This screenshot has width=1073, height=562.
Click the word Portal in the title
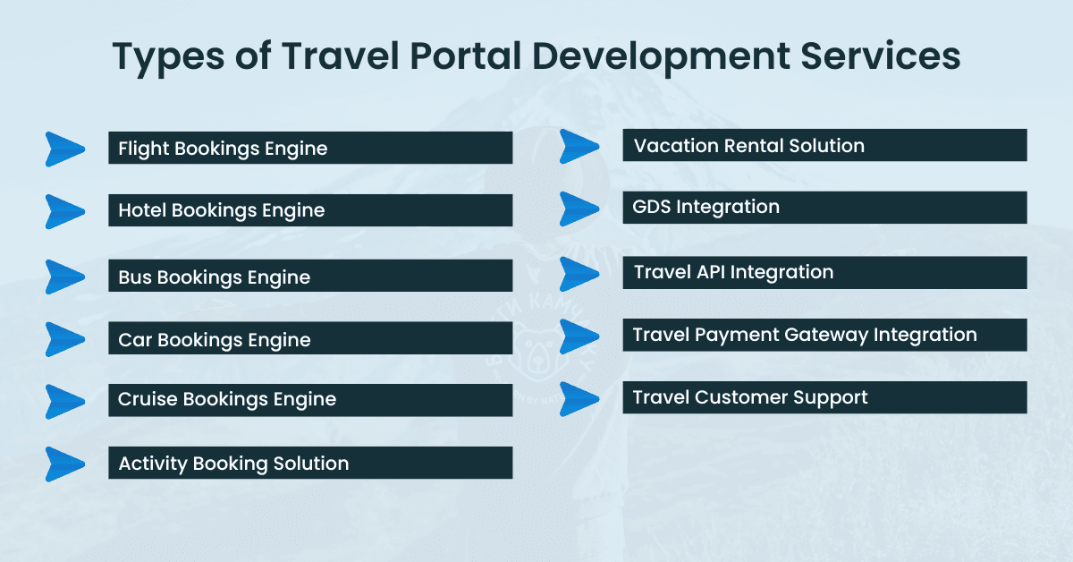(465, 56)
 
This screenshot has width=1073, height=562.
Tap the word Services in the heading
(881, 56)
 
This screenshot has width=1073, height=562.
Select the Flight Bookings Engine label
(310, 148)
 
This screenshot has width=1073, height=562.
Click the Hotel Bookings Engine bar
(310, 210)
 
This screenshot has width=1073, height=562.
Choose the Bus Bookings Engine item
(310, 276)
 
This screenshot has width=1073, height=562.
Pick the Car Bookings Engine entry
(310, 338)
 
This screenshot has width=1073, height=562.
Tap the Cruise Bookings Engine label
(310, 400)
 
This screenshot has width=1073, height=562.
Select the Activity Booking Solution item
(310, 463)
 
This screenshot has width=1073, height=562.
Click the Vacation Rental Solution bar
(824, 145)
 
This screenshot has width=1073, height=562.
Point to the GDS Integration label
(824, 208)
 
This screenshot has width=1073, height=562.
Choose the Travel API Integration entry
(824, 272)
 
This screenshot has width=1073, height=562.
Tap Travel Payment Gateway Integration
(824, 335)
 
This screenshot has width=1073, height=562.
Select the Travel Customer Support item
(824, 397)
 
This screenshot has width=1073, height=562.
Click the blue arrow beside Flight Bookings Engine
(63, 149)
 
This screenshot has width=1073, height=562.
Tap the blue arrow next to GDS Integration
(579, 209)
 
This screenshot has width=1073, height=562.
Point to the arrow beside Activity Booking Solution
(63, 464)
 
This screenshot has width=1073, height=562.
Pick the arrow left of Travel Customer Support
(579, 399)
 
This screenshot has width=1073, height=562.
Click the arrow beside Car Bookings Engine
(63, 339)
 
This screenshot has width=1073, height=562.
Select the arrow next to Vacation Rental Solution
(579, 146)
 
